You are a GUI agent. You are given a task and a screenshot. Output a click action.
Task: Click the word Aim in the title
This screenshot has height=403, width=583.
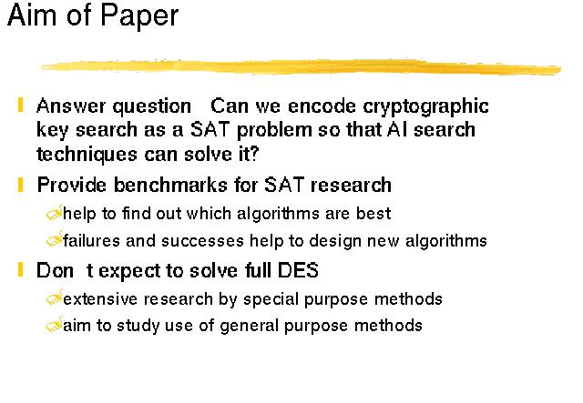[x=33, y=15]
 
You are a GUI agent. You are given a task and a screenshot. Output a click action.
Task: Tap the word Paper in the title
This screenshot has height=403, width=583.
[x=139, y=17]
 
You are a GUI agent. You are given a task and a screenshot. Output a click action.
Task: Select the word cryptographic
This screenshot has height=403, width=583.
[x=425, y=107]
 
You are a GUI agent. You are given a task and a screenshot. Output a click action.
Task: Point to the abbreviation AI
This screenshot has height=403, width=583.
[x=398, y=129]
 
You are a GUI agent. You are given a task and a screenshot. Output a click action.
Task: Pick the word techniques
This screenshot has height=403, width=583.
[x=87, y=154]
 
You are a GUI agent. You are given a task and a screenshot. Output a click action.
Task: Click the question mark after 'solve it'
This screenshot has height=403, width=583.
[x=254, y=154]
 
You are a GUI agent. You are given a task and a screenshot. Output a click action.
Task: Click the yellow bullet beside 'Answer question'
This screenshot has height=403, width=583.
[x=20, y=105]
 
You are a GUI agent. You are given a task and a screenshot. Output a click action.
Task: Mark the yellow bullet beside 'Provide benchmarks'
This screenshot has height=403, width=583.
[x=20, y=185]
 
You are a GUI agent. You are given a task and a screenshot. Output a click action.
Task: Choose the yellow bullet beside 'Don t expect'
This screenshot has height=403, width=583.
[x=20, y=269]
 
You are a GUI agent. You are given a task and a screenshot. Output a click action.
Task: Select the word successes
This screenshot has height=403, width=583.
[x=202, y=241]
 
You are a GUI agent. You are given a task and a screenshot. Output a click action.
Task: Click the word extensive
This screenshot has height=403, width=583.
[x=101, y=299]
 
